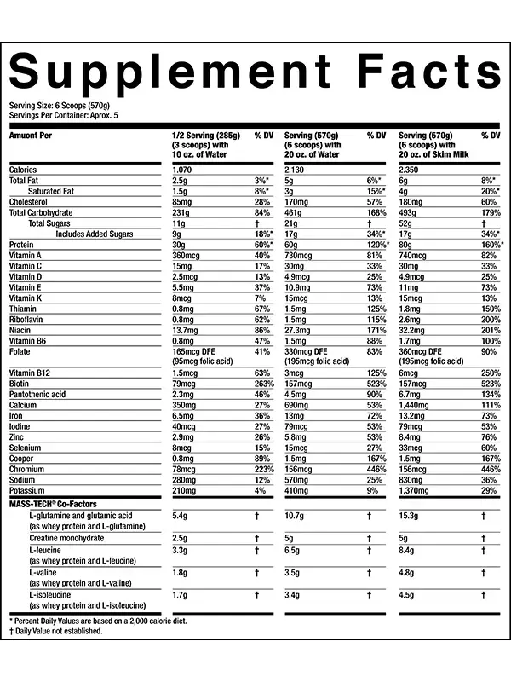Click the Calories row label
(x=23, y=170)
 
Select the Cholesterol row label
(x=29, y=202)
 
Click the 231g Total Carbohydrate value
(x=181, y=212)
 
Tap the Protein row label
(x=21, y=244)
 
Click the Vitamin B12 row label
(x=30, y=373)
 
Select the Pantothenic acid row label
(x=37, y=395)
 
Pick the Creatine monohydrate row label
(x=68, y=538)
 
